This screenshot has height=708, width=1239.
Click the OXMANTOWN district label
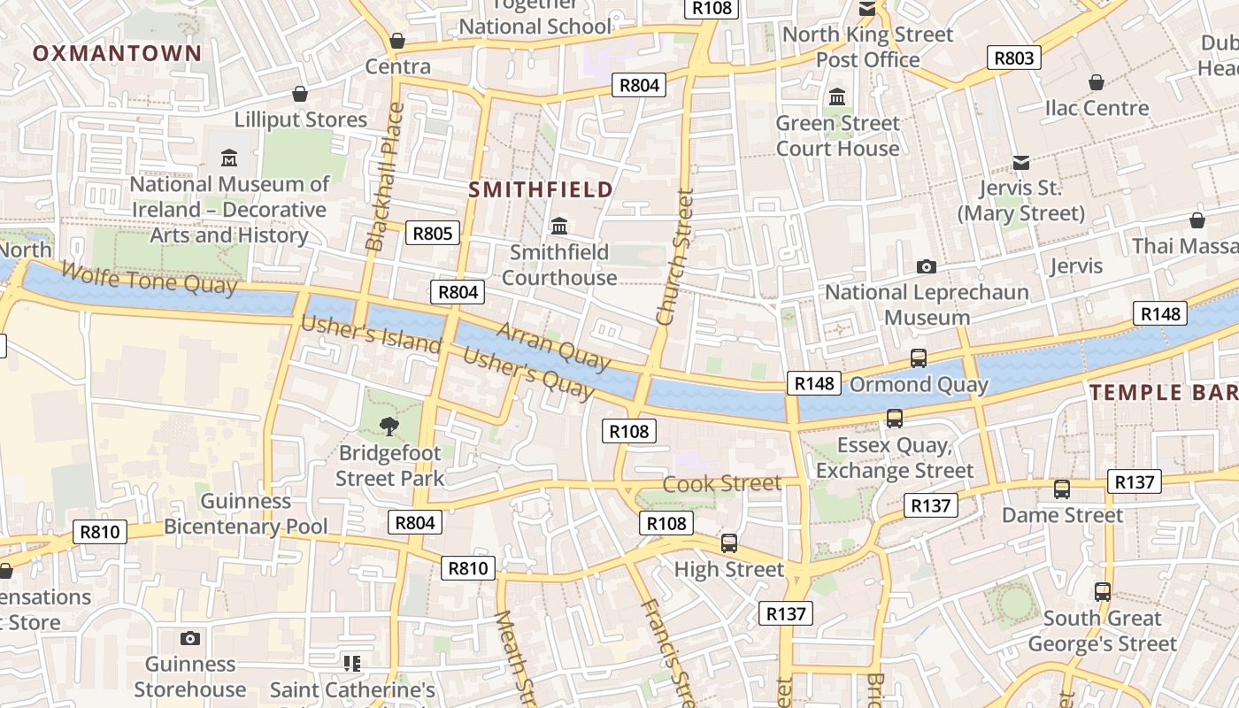tap(118, 53)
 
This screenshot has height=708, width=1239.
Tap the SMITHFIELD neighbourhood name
tap(541, 189)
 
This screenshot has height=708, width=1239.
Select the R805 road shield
tap(433, 233)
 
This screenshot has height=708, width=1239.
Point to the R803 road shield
tap(1013, 58)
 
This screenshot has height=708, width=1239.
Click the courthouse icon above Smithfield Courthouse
tap(559, 227)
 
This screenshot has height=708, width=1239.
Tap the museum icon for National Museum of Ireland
tap(229, 158)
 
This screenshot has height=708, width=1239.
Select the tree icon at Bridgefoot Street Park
tap(389, 427)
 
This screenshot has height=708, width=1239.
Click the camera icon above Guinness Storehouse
tap(189, 638)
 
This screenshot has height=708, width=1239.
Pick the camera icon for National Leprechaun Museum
tap(926, 266)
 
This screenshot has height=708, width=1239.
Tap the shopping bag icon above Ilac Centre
tap(1097, 82)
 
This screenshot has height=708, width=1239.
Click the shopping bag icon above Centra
tap(397, 41)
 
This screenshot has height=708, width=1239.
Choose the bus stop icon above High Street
tap(728, 543)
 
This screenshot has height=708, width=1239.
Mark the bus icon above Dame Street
tap(1061, 489)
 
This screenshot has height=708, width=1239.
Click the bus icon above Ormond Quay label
tap(919, 358)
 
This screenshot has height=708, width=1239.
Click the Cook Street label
tap(721, 483)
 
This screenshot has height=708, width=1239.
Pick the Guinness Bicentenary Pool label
tap(246, 513)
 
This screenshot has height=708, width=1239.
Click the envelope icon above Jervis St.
tap(1020, 162)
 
